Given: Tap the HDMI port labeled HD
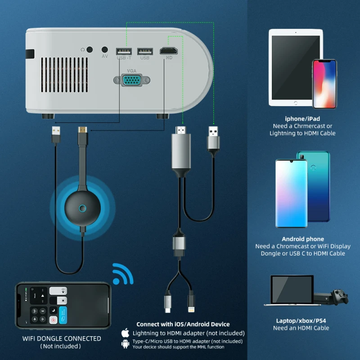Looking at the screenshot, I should pyautogui.click(x=168, y=51).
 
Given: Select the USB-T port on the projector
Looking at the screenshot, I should pyautogui.click(x=124, y=51).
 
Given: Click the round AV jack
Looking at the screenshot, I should pyautogui.click(x=105, y=49).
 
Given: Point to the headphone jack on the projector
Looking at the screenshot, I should pyautogui.click(x=90, y=50).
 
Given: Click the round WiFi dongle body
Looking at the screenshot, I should pyautogui.click(x=82, y=208).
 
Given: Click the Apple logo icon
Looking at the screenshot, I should pyautogui.click(x=126, y=333).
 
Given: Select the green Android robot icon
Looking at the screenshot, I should pyautogui.click(x=126, y=344).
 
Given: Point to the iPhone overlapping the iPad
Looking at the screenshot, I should pyautogui.click(x=324, y=84).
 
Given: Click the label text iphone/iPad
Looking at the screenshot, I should pyautogui.click(x=302, y=119).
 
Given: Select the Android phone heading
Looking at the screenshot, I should pyautogui.click(x=303, y=239).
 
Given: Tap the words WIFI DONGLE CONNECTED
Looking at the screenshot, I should pyautogui.click(x=62, y=338).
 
